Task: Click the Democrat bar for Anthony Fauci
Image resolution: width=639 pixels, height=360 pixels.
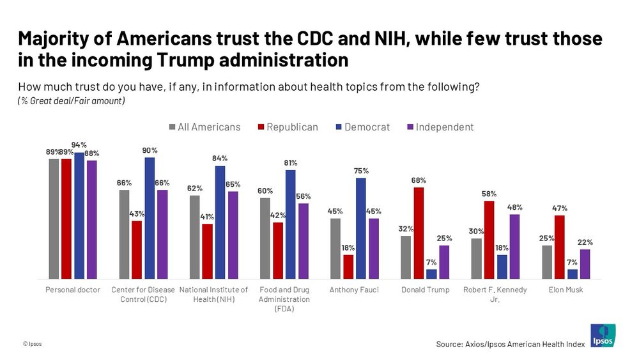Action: (x=361, y=228)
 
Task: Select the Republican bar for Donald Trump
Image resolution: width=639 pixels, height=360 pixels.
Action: (x=419, y=233)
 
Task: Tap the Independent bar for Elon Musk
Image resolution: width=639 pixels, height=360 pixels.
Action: (x=585, y=264)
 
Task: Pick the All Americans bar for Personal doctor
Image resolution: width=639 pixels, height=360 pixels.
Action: (x=54, y=219)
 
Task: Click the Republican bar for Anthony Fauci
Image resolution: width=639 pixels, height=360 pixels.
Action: (x=348, y=267)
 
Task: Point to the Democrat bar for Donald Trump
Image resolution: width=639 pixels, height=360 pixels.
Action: (x=431, y=274)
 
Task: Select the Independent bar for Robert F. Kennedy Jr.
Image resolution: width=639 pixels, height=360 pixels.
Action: (x=514, y=246)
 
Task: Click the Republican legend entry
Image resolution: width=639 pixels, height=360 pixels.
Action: (x=287, y=127)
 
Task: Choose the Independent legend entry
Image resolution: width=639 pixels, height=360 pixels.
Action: (x=440, y=127)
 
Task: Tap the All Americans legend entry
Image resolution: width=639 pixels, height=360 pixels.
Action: (x=204, y=127)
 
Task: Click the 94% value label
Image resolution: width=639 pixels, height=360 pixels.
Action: (x=79, y=145)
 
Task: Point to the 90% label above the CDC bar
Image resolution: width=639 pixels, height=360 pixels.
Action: (x=150, y=150)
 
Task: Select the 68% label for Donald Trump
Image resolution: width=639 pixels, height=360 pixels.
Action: (x=419, y=180)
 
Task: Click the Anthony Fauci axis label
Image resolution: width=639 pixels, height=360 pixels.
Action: (x=354, y=290)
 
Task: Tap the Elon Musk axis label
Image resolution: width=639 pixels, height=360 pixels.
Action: (x=566, y=290)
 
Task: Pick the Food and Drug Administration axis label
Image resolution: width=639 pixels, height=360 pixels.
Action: (x=284, y=299)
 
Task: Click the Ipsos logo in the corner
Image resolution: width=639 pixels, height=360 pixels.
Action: (x=603, y=335)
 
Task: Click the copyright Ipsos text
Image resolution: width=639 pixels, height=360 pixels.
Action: (x=32, y=343)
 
